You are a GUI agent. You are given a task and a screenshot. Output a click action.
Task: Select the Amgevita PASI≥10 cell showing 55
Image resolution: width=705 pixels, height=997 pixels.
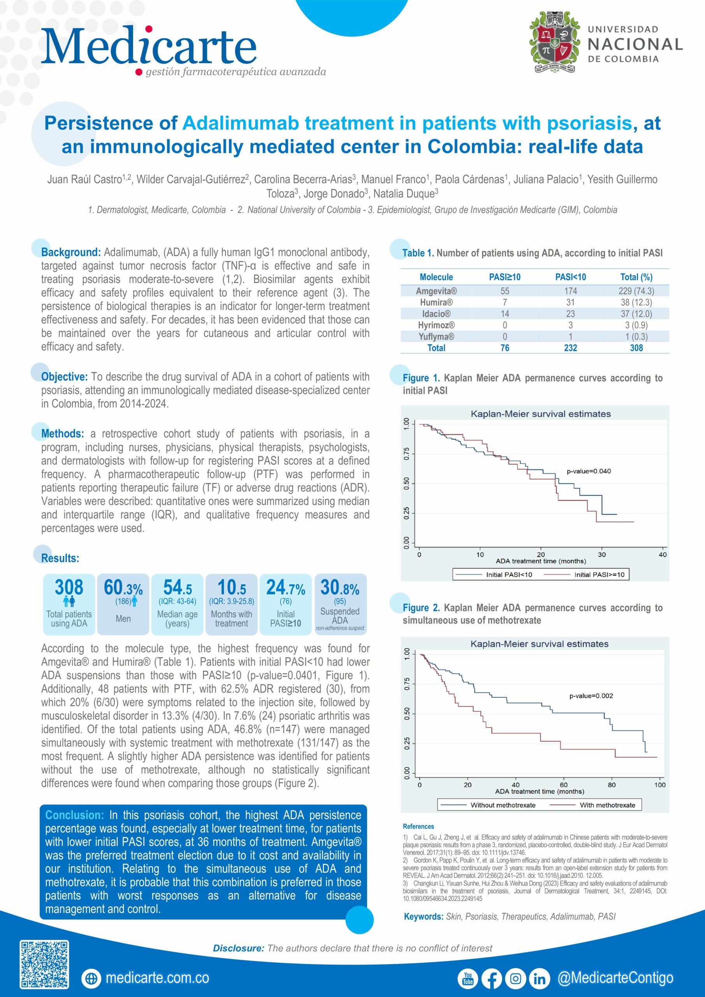point(505,291)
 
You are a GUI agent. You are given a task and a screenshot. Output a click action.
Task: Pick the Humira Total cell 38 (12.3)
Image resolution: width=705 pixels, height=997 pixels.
point(636,302)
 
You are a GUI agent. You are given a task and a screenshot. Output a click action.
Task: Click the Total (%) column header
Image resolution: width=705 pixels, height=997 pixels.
point(636,277)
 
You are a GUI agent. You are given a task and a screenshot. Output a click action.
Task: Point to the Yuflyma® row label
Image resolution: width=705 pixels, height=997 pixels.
point(436,336)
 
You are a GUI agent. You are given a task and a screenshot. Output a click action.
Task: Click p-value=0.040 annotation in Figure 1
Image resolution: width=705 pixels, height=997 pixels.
point(588,471)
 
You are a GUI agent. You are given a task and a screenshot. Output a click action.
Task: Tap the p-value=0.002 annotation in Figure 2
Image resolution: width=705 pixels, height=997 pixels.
point(591,696)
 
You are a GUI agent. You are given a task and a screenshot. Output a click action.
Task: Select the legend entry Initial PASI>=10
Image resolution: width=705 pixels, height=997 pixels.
point(599,574)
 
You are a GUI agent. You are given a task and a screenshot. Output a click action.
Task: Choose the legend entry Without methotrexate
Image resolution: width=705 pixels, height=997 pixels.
point(503,805)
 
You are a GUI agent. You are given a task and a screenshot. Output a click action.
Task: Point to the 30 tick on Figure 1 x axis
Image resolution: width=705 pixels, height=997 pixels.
point(602,555)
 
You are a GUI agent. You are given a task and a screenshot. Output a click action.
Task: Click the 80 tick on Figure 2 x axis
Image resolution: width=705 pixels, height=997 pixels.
point(611,785)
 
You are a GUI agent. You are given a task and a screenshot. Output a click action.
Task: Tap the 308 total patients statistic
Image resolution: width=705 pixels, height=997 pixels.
point(69,588)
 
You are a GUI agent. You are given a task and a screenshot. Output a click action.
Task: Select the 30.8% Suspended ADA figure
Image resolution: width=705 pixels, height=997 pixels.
point(339,588)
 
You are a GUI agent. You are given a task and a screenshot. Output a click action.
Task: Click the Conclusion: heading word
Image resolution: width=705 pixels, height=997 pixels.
point(74,815)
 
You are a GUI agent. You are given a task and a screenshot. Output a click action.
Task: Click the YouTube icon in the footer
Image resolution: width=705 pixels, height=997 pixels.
point(468,978)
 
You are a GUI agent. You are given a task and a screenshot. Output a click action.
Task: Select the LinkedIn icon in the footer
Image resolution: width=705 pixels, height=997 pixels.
point(539,978)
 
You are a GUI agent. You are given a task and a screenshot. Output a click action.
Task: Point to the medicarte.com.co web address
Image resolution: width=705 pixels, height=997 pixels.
point(157,978)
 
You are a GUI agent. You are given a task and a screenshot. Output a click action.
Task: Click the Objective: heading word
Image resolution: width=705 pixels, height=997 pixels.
point(64,377)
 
